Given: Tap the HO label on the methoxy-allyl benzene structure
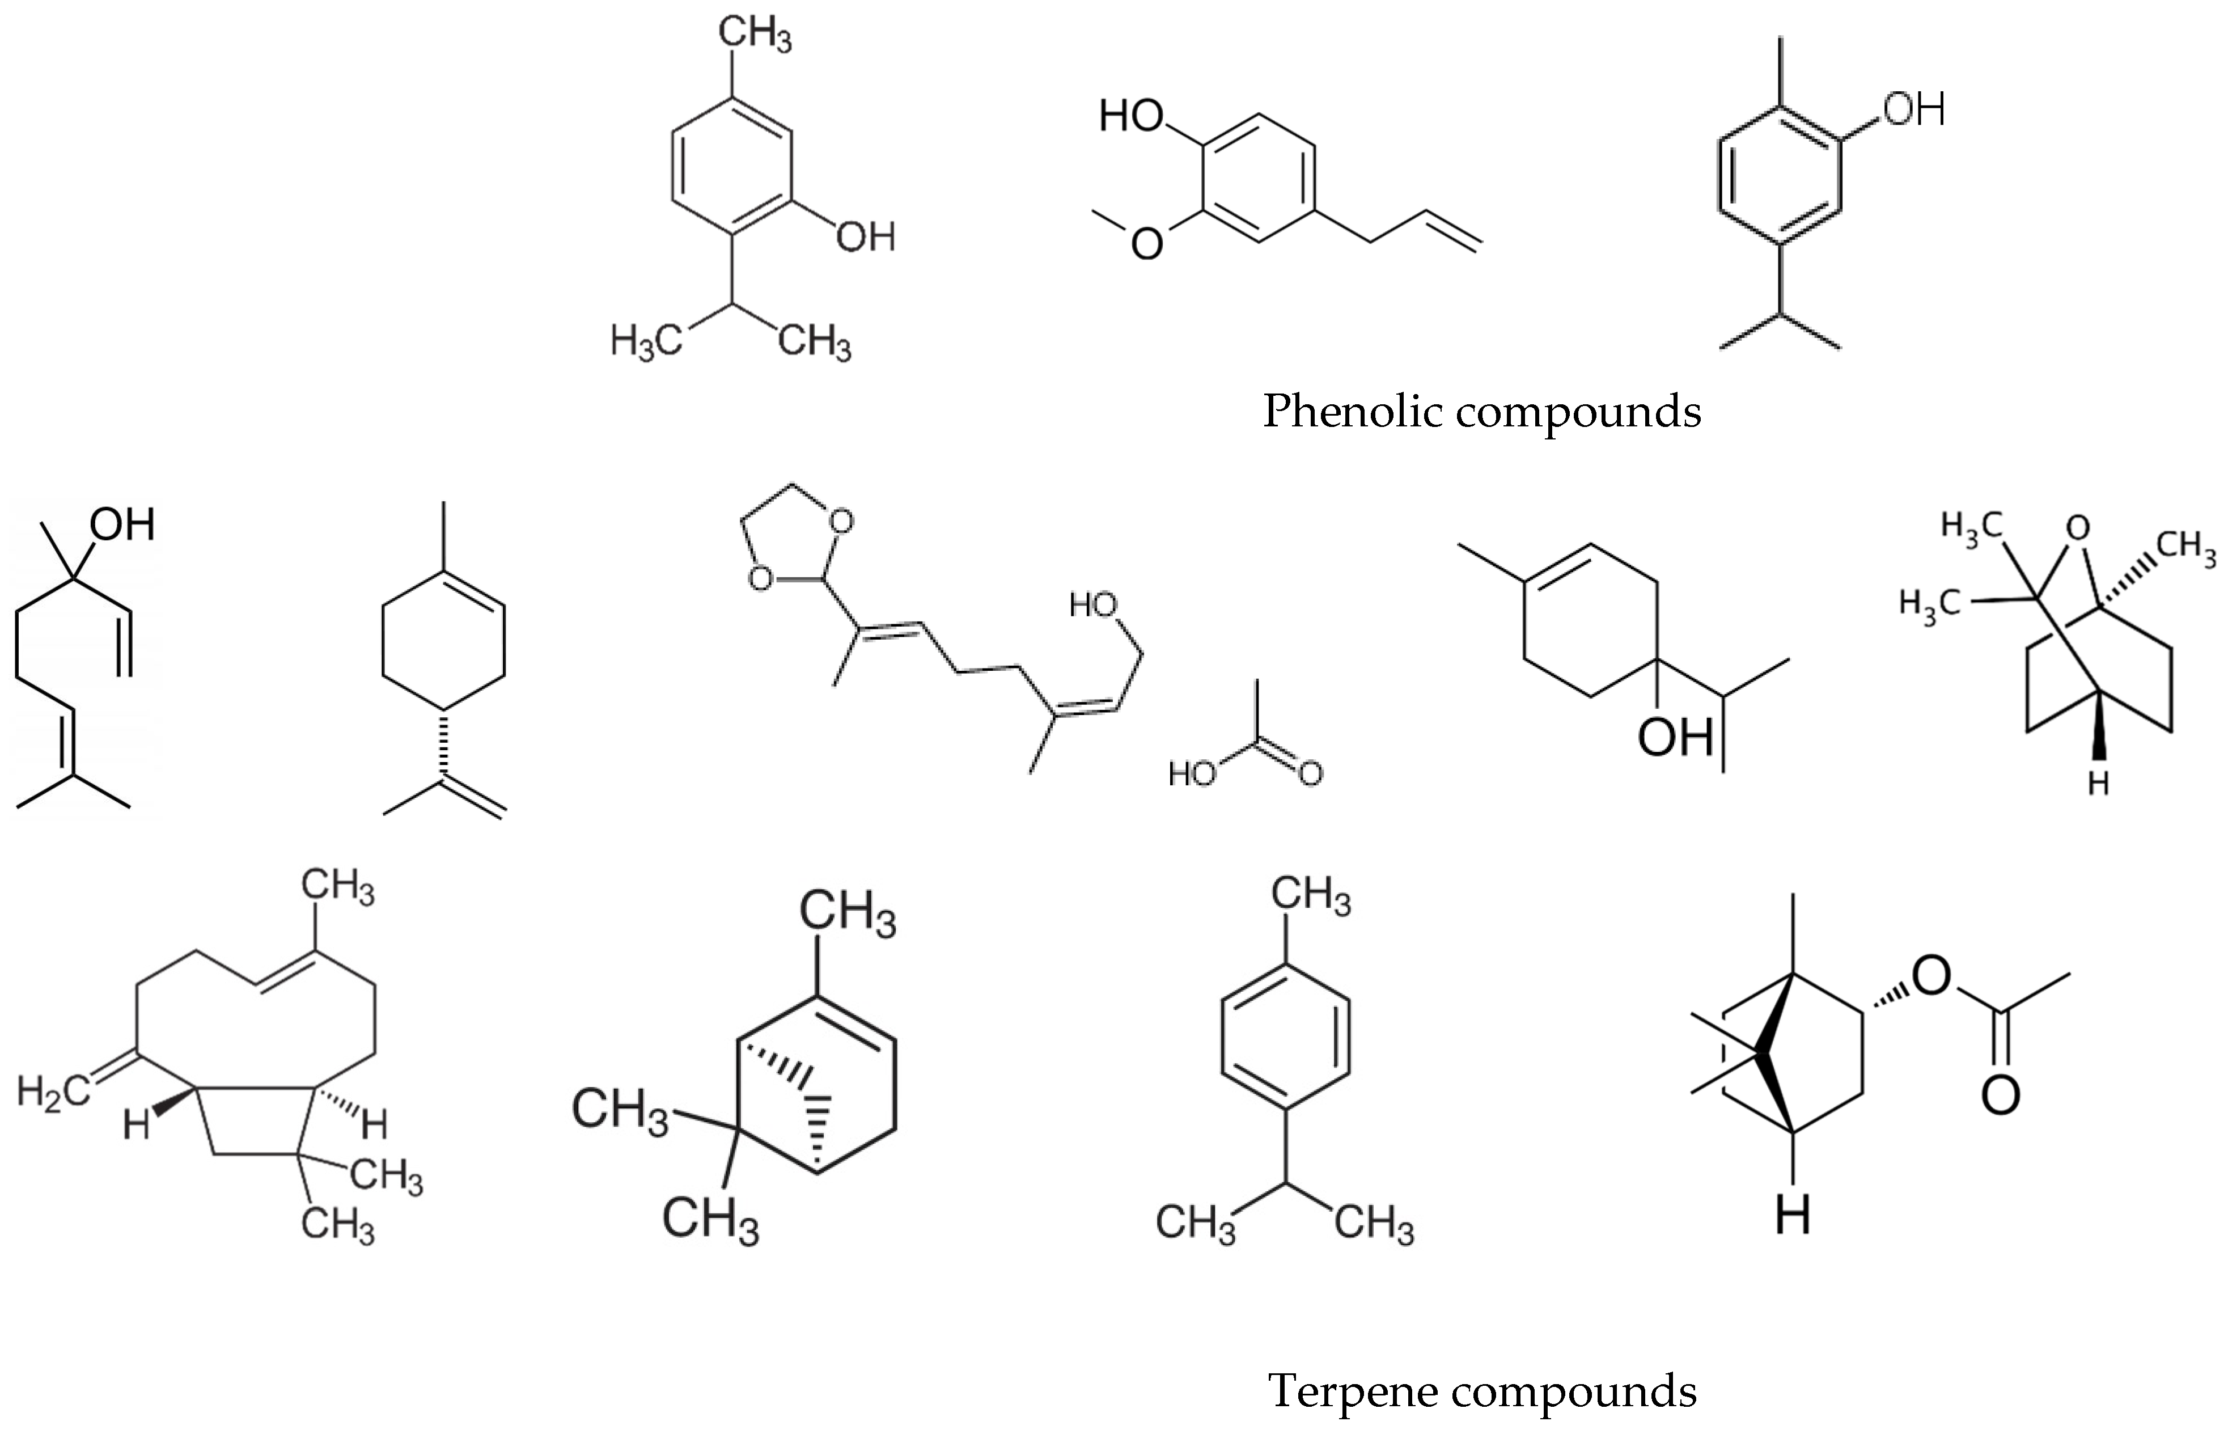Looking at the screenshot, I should coord(1131,116).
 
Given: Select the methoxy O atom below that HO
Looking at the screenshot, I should coord(1146,244).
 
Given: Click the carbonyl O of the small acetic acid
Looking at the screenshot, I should coord(1311,773).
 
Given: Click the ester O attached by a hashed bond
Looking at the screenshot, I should coord(1930,976).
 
